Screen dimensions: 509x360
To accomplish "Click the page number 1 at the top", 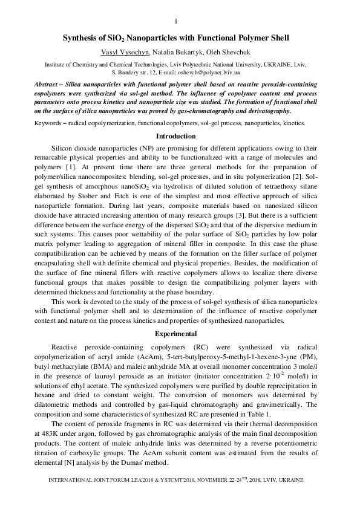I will pos(175,22).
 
